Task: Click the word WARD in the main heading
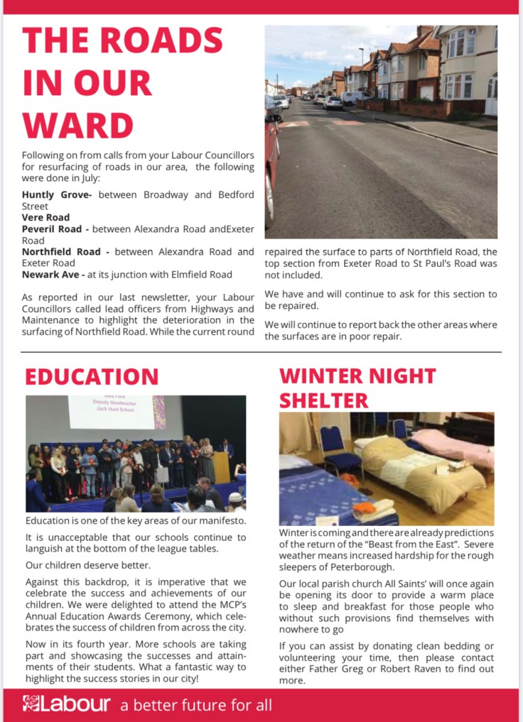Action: coord(78,125)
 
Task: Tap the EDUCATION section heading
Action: coord(92,376)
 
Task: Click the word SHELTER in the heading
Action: coord(324,400)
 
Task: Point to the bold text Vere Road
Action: coord(45,217)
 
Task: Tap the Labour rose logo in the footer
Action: coord(31,704)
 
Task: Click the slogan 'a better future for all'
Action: coord(196,706)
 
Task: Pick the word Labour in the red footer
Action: coord(76,704)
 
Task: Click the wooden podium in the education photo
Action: coord(222,467)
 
